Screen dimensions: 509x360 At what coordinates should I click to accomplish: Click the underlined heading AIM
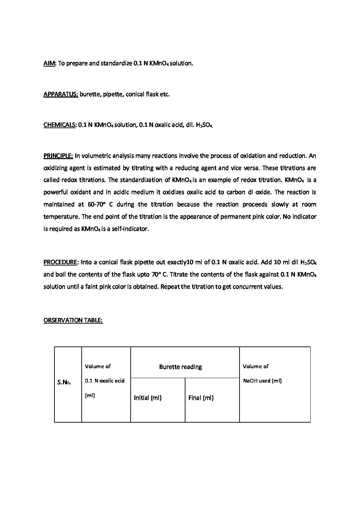click(x=49, y=64)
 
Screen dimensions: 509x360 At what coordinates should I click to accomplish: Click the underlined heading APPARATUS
click(x=61, y=94)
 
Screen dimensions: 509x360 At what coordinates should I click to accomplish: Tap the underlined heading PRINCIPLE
click(x=58, y=156)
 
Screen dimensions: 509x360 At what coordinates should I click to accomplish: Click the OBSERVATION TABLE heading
click(x=73, y=320)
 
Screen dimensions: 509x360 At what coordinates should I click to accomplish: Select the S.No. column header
click(x=64, y=383)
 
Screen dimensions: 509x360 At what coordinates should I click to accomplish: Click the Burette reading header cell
click(x=180, y=367)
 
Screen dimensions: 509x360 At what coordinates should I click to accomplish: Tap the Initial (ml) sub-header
click(x=148, y=398)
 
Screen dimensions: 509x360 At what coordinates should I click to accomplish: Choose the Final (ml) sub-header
click(x=201, y=398)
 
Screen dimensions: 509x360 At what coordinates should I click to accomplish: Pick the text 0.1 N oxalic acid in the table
click(x=105, y=381)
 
